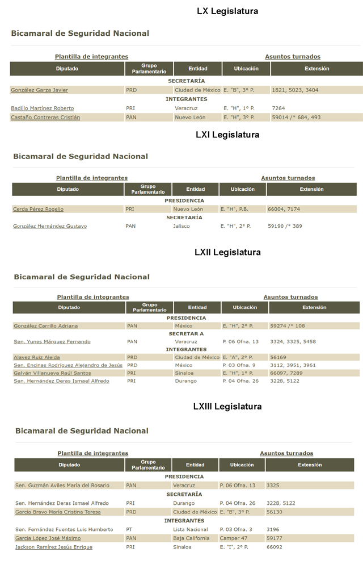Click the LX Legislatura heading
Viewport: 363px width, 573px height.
tap(227, 11)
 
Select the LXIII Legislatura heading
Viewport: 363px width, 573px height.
tap(227, 407)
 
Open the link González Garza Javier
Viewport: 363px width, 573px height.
tap(39, 90)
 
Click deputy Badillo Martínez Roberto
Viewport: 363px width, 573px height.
tap(42, 108)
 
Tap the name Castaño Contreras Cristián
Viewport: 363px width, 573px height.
tap(45, 118)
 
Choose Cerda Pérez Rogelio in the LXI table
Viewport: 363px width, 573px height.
tap(38, 210)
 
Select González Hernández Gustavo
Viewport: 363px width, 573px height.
tap(50, 227)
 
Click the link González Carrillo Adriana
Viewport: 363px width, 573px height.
tap(46, 326)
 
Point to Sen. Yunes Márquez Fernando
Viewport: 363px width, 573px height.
tap(52, 342)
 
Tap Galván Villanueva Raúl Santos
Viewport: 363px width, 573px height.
tap(52, 373)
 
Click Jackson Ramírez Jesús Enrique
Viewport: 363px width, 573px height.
tap(54, 547)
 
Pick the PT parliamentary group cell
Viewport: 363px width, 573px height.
tap(129, 529)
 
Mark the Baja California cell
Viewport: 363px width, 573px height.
tap(191, 538)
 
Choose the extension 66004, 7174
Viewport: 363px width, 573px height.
tap(284, 210)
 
